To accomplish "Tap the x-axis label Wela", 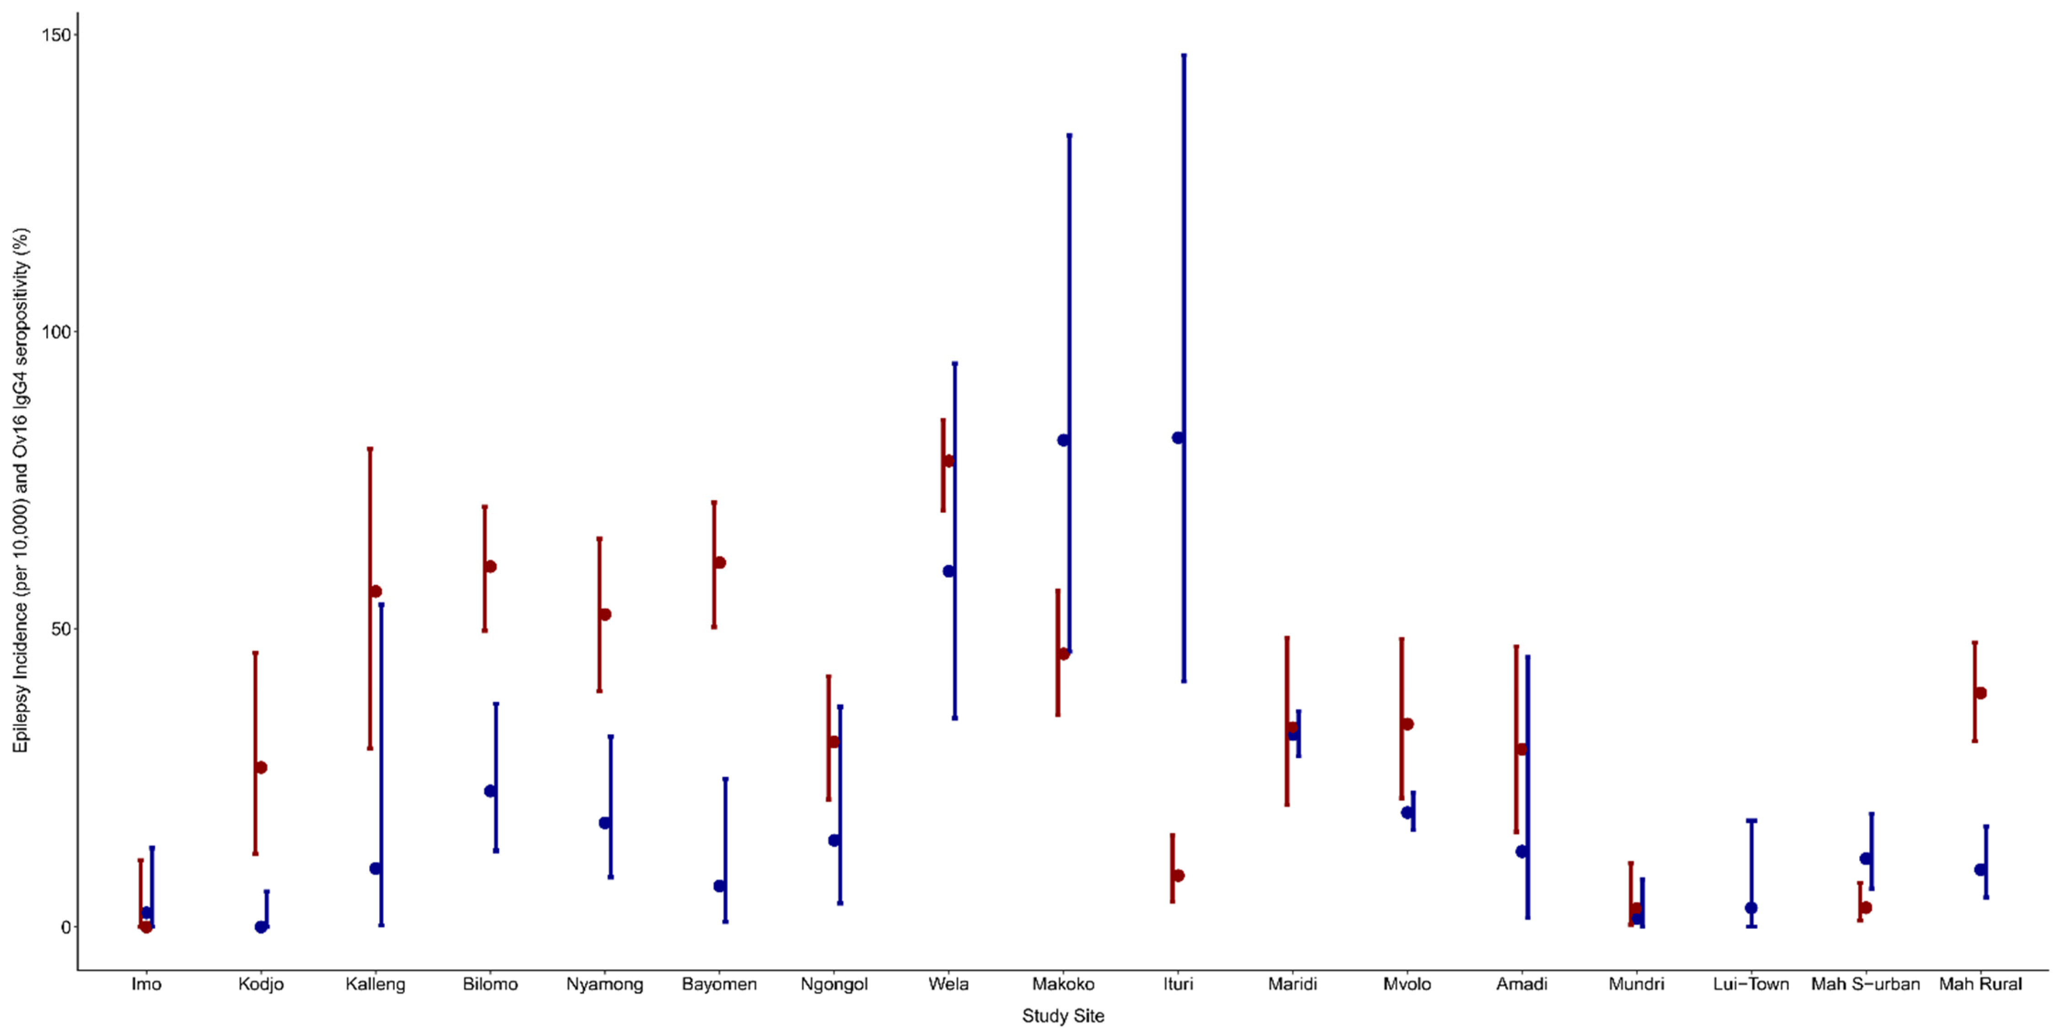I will pos(949,984).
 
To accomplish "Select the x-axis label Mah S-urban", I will pos(1866,984).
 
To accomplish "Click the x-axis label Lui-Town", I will pos(1751,984).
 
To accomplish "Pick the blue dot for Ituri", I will pos(1178,438).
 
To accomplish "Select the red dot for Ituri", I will pos(1178,875).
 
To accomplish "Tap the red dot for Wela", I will pos(949,460).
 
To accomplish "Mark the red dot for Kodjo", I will pos(261,768).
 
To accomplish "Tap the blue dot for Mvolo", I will pos(1407,812).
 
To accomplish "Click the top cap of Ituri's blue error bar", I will pos(1184,55).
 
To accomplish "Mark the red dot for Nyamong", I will pos(605,614).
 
